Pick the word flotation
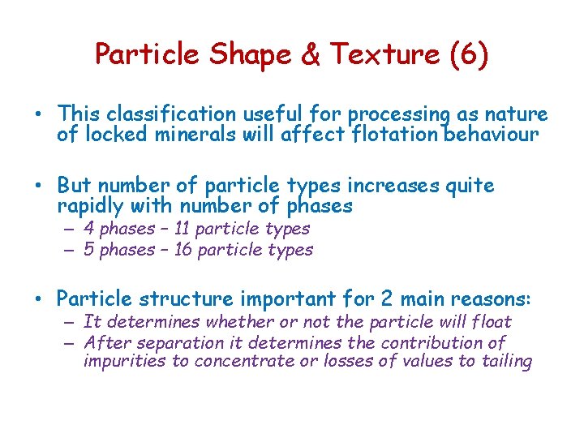[x=393, y=135]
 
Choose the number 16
[x=184, y=250]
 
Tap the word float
[x=489, y=322]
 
